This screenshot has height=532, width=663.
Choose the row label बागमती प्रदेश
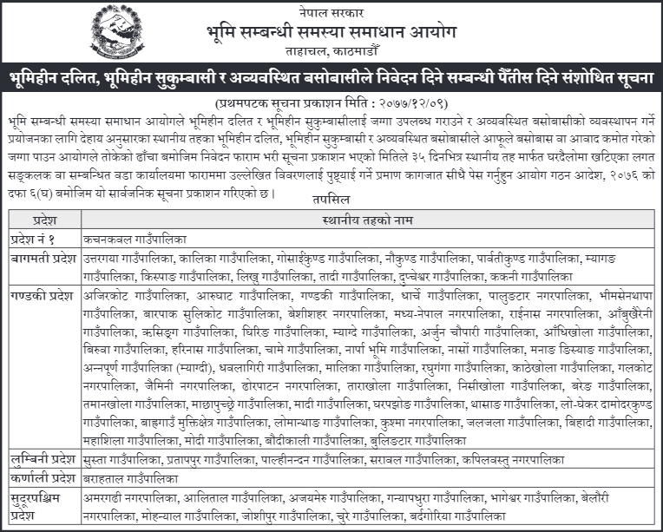40,258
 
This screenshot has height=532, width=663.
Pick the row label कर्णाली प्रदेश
40,479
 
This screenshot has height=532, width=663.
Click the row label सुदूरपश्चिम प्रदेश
40,506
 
